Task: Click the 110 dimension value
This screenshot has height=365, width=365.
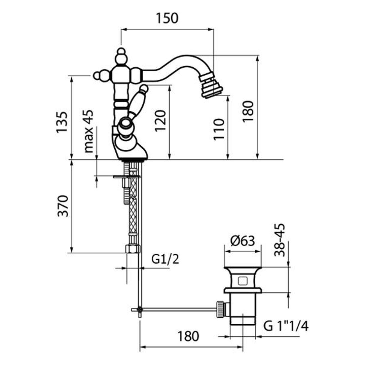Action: (219, 129)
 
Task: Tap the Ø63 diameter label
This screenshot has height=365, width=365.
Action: (242, 241)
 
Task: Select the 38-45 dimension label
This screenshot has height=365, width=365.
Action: (280, 240)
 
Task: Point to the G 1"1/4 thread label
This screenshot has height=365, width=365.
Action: (286, 327)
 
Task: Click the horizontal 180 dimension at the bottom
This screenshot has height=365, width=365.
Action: (188, 336)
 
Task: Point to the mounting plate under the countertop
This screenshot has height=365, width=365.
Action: (126, 177)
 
